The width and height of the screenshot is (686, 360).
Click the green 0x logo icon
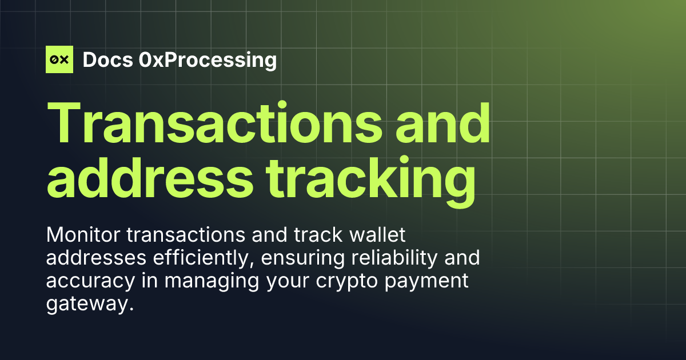click(x=59, y=59)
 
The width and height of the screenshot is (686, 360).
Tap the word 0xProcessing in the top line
click(x=208, y=59)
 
